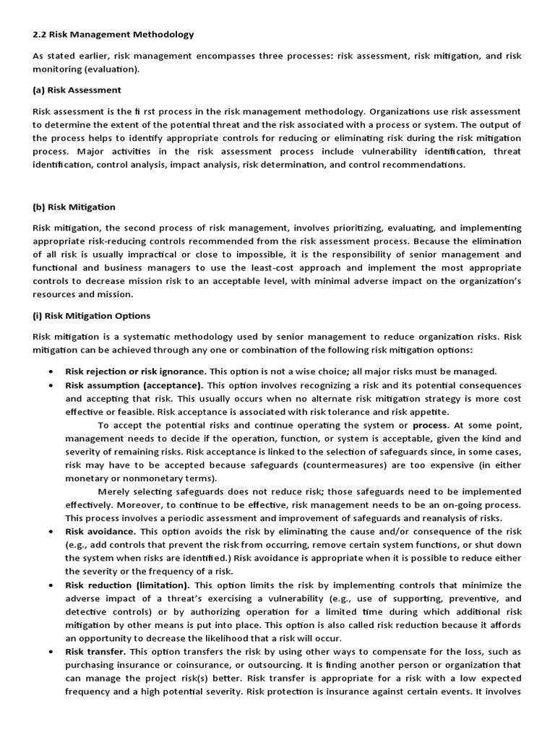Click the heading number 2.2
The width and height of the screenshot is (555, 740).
(x=40, y=34)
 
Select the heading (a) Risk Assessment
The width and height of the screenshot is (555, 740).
(x=77, y=90)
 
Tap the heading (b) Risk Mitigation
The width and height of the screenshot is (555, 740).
(x=74, y=207)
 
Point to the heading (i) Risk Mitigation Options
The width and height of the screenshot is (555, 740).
(x=91, y=315)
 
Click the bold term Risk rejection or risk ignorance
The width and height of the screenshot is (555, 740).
(x=135, y=371)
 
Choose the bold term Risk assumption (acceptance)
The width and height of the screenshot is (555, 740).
(x=134, y=385)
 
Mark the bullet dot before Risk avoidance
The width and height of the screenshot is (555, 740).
(x=50, y=531)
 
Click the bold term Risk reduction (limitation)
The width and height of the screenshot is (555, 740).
(x=127, y=585)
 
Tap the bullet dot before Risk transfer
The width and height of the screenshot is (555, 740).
(x=50, y=652)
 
